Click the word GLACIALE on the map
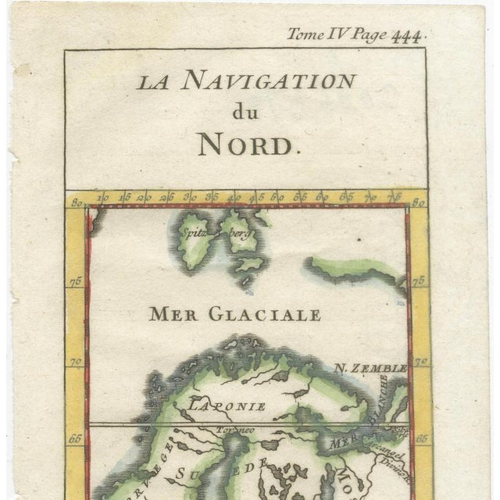pyautogui.click(x=265, y=315)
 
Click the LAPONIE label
pyautogui.click(x=226, y=405)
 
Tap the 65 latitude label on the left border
pyautogui.click(x=75, y=438)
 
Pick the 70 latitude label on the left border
pyautogui.click(x=76, y=362)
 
